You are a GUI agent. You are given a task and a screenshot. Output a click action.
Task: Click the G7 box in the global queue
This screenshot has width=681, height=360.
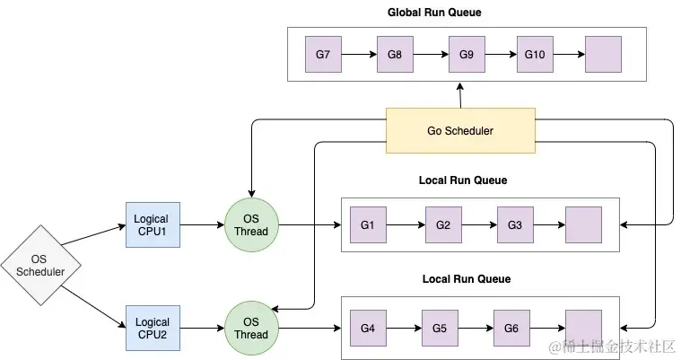point(323,55)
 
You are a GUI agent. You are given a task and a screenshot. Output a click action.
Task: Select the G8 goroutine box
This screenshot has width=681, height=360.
point(395,55)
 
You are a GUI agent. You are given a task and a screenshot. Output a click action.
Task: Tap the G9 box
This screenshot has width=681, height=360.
point(467,55)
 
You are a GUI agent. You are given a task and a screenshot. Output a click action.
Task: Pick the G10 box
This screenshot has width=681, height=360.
point(535,55)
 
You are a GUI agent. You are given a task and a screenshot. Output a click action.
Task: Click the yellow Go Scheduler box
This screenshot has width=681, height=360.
point(460,130)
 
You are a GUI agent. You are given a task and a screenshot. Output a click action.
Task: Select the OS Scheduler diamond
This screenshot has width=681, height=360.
point(41,265)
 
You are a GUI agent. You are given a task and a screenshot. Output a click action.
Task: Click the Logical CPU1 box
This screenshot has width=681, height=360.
point(153,224)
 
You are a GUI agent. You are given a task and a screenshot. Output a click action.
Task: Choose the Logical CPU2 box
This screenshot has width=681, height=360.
point(153,328)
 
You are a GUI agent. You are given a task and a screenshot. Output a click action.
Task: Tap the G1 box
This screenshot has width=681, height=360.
point(368,224)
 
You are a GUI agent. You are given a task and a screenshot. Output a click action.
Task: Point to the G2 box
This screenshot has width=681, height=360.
point(443,224)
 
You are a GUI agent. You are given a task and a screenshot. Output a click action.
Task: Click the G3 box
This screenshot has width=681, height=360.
point(515,224)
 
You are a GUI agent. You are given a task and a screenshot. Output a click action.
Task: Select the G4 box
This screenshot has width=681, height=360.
point(368,328)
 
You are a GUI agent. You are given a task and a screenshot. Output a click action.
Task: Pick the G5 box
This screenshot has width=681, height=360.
point(440,328)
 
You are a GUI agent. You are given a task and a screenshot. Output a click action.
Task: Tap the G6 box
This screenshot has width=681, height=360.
point(511,328)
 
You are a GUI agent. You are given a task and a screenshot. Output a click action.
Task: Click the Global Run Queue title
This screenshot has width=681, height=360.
point(434,13)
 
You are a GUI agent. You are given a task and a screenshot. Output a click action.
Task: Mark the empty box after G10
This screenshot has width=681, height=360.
point(603,55)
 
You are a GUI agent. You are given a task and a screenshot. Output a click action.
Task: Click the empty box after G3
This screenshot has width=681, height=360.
point(583,224)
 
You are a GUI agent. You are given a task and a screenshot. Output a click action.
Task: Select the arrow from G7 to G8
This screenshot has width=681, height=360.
point(359,55)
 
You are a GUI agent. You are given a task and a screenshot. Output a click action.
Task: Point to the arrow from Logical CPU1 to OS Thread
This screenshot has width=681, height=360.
point(202,224)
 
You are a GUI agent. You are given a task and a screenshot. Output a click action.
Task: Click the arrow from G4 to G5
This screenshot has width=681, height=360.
point(404,328)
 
